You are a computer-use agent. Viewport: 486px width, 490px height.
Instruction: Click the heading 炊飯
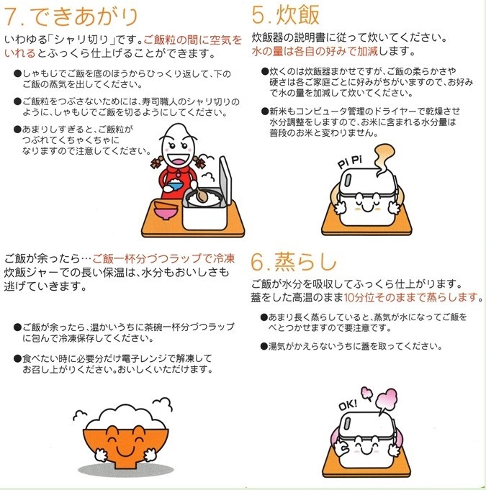[x=298, y=14]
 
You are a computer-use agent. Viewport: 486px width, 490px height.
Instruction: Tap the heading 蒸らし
[x=305, y=261]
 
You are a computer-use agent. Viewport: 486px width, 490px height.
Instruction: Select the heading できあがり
[x=84, y=17]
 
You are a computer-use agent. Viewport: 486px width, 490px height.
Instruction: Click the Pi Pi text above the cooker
[x=350, y=162]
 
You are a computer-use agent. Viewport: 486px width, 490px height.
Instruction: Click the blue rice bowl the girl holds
[x=173, y=186]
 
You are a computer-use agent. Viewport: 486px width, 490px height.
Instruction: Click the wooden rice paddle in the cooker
[x=202, y=194]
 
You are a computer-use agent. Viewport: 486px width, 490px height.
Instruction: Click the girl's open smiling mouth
[x=179, y=161]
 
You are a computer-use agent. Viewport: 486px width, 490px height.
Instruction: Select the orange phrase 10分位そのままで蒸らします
[x=410, y=297]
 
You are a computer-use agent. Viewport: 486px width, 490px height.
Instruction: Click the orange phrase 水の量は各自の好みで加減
[x=315, y=51]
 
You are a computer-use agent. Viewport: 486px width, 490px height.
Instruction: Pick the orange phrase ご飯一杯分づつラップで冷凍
[x=163, y=259]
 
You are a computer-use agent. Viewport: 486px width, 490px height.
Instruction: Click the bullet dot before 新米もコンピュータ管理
[x=265, y=112]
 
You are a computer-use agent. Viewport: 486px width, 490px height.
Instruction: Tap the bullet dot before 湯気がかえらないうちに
[x=264, y=346]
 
